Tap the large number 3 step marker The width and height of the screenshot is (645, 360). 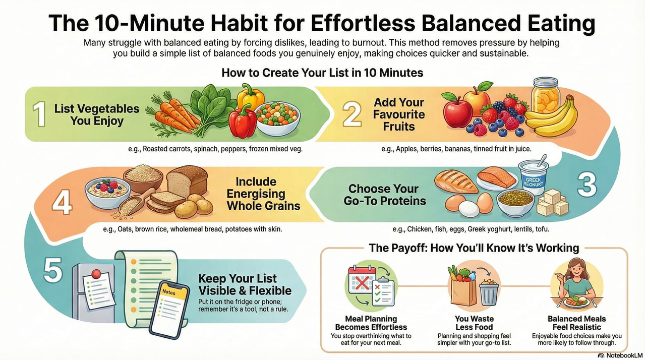587,185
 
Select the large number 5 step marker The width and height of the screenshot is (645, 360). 52,271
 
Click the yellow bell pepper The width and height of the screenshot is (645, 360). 250,96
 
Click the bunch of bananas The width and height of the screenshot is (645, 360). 552,119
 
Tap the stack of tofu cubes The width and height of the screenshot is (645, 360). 553,202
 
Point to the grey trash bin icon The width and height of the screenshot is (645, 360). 489,292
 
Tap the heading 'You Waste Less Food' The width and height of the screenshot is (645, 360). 474,323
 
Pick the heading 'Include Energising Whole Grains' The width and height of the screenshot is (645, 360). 263,193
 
